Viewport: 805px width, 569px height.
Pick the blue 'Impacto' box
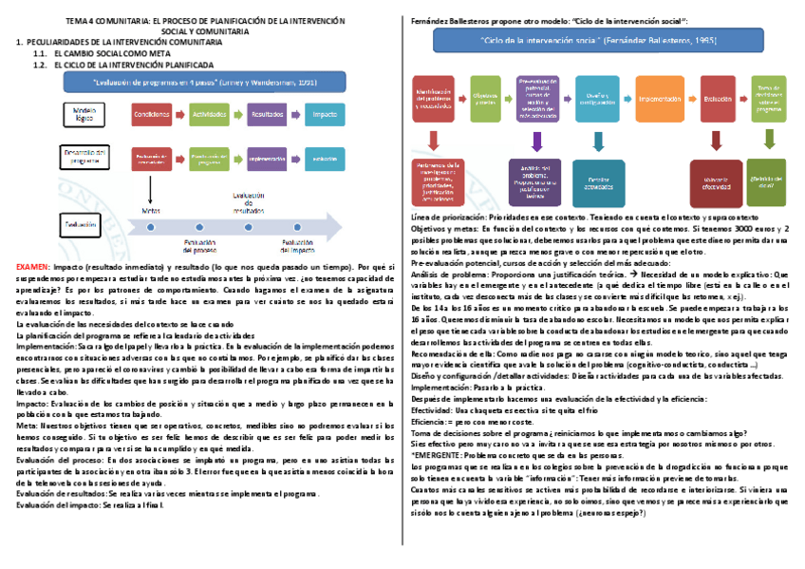tap(325, 115)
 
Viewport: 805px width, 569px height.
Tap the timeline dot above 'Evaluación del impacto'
tap(296, 228)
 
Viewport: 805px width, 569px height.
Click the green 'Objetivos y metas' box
tap(486, 99)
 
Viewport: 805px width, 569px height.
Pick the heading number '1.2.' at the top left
tap(39, 65)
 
